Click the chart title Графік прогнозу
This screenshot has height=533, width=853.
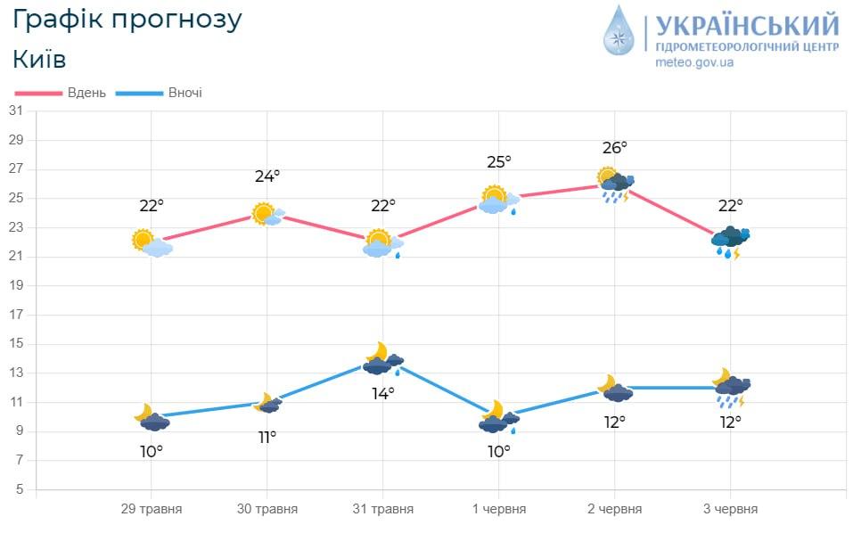pyautogui.click(x=128, y=20)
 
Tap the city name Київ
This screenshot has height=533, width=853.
pyautogui.click(x=40, y=59)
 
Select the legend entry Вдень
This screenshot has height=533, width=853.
pyautogui.click(x=86, y=93)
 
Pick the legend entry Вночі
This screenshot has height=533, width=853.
pyautogui.click(x=185, y=93)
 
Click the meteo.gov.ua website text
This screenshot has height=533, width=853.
pyautogui.click(x=694, y=62)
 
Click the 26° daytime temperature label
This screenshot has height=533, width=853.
pyautogui.click(x=615, y=147)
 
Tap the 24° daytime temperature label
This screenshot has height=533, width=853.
pyautogui.click(x=267, y=176)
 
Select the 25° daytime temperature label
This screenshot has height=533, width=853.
pyautogui.click(x=499, y=162)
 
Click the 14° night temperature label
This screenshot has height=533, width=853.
pyautogui.click(x=383, y=392)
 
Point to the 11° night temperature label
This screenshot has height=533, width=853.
pyautogui.click(x=267, y=437)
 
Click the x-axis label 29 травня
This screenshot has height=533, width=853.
pyautogui.click(x=152, y=509)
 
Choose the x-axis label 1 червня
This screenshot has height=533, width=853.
pyautogui.click(x=499, y=509)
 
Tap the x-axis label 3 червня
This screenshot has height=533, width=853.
pyautogui.click(x=731, y=509)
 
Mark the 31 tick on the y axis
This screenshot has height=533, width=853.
pyautogui.click(x=15, y=111)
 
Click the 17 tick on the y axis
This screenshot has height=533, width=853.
pyautogui.click(x=15, y=315)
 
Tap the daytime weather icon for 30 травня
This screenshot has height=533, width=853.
pyautogui.click(x=268, y=214)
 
